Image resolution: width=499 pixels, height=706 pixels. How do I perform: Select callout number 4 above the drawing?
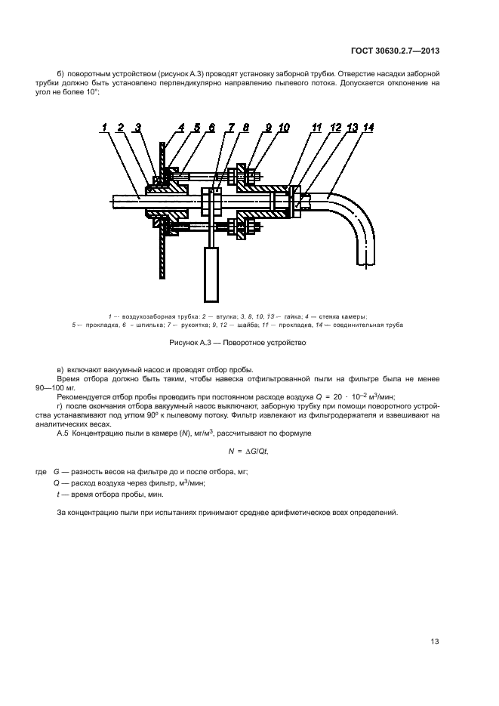pyautogui.click(x=181, y=128)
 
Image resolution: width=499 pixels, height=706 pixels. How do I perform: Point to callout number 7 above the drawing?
pyautogui.click(x=230, y=128)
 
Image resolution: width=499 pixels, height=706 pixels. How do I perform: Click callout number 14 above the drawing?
pyautogui.click(x=368, y=128)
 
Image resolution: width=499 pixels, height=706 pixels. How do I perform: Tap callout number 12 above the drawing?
pyautogui.click(x=334, y=128)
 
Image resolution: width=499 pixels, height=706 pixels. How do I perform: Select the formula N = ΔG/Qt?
pyautogui.click(x=248, y=451)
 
